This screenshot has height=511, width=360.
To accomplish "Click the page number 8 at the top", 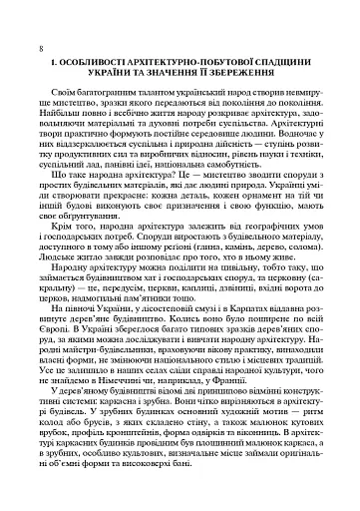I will tap(37, 48).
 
